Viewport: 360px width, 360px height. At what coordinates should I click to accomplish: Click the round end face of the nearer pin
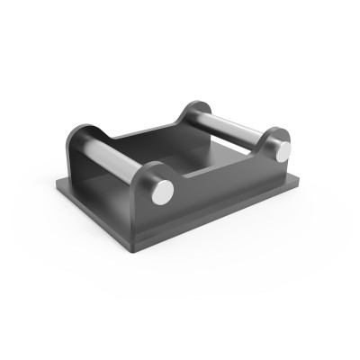point(162,191)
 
